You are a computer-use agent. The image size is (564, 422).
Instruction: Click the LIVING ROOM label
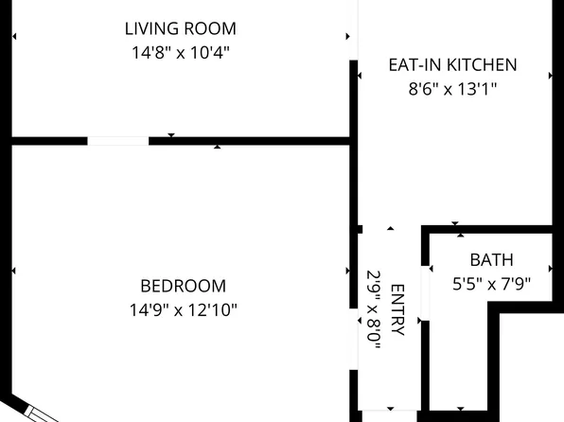(180, 28)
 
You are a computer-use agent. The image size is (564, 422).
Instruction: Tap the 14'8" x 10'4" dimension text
(180, 53)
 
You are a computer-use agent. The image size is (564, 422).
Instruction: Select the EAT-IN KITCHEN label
(453, 64)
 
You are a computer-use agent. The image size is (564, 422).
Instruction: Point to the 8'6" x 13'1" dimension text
(452, 89)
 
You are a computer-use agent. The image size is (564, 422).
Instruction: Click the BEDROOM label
(183, 286)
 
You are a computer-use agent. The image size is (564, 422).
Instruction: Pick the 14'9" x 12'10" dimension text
(183, 309)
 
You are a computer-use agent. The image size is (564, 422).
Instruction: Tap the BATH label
(491, 260)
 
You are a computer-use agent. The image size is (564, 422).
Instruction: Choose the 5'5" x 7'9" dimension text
(491, 284)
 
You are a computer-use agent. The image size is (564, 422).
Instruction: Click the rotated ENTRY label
(397, 309)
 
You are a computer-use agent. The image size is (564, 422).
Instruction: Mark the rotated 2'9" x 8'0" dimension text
(374, 309)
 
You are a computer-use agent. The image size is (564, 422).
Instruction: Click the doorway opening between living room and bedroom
(118, 141)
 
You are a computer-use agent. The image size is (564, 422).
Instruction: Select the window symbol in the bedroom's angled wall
(41, 414)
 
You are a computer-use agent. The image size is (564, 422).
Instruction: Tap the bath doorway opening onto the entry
(425, 293)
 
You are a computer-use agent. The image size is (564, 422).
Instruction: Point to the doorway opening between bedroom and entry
(354, 339)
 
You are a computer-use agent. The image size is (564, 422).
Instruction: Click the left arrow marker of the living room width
(14, 36)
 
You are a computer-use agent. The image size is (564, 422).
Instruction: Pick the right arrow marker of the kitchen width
(551, 76)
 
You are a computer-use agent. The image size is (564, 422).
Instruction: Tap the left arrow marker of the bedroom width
(14, 271)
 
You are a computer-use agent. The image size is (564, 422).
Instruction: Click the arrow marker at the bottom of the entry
(391, 409)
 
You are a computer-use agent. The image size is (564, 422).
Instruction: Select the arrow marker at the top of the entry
(391, 228)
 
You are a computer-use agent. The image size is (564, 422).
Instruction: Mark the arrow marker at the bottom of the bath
(461, 409)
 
